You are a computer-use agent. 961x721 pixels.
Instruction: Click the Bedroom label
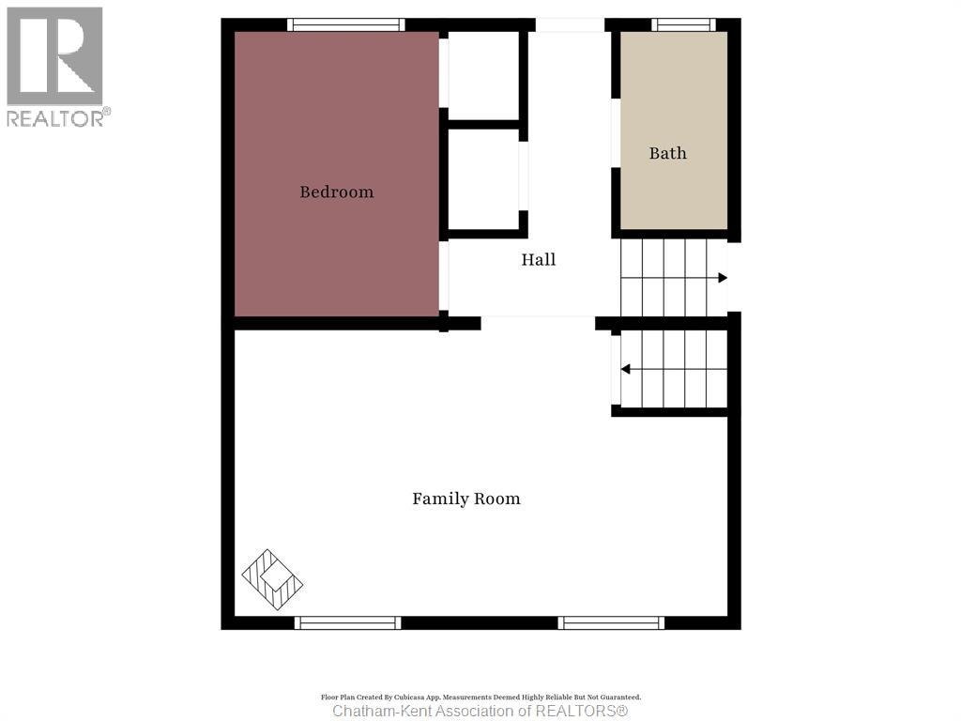pyautogui.click(x=336, y=192)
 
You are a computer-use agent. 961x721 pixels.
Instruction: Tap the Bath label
pyautogui.click(x=667, y=153)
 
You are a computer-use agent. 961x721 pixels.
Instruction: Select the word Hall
pyautogui.click(x=539, y=259)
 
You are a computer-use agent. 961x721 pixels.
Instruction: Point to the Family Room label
pyautogui.click(x=466, y=499)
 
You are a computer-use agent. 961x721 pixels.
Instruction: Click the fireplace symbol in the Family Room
pyautogui.click(x=272, y=579)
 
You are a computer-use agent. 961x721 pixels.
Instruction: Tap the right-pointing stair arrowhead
pyautogui.click(x=723, y=277)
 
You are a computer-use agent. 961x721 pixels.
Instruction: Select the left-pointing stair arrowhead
pyautogui.click(x=625, y=369)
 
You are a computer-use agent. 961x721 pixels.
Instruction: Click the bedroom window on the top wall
pyautogui.click(x=346, y=24)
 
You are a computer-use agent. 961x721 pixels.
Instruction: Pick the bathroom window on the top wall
pyautogui.click(x=683, y=24)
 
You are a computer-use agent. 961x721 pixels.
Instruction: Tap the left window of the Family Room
pyautogui.click(x=347, y=622)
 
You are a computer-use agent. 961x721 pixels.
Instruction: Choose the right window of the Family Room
pyautogui.click(x=611, y=622)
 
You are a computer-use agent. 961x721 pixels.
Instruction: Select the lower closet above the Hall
pyautogui.click(x=483, y=178)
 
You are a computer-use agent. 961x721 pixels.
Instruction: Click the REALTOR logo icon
pyautogui.click(x=54, y=55)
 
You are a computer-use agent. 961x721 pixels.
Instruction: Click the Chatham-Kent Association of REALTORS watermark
pyautogui.click(x=480, y=711)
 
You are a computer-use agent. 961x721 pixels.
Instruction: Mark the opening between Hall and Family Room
pyautogui.click(x=538, y=322)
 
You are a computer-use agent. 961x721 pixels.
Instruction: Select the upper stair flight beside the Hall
pyautogui.click(x=673, y=277)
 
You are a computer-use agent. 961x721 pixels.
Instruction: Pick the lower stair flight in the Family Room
pyautogui.click(x=673, y=369)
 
